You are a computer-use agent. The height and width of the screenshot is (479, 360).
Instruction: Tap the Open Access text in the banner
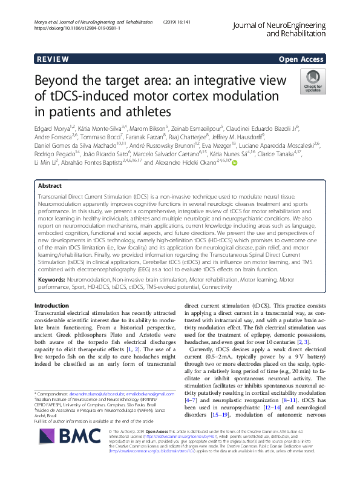[x=301, y=59]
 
